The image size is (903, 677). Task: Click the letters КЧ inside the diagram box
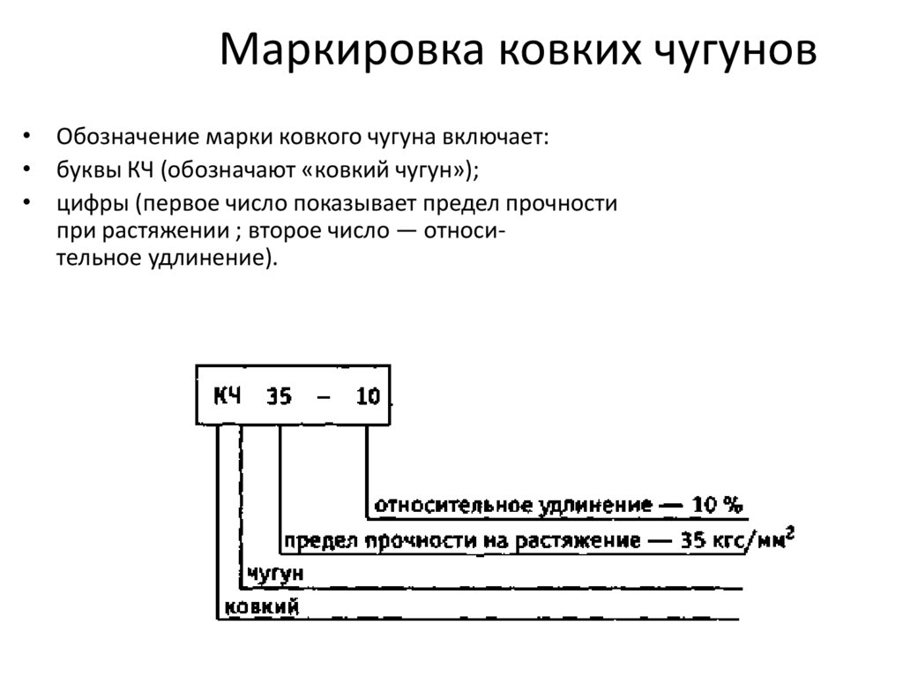click(x=227, y=395)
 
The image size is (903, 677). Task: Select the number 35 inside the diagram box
click(x=279, y=396)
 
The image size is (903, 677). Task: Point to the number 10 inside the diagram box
click(x=368, y=396)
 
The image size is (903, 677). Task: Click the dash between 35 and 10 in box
click(x=324, y=396)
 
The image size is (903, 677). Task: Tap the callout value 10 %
click(x=717, y=505)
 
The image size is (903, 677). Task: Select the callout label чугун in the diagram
click(x=276, y=574)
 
